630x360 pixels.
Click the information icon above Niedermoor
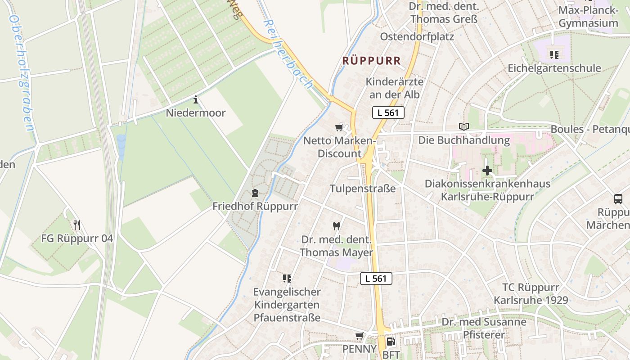point(196,99)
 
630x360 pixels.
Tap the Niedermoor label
point(196,112)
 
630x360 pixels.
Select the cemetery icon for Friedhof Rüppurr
point(255,193)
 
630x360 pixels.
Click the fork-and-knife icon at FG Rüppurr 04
point(77,225)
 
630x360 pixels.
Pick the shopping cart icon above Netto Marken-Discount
point(339,128)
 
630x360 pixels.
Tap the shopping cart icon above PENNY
point(359,336)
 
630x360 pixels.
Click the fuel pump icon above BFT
point(391,342)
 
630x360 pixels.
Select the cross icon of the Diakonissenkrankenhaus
point(487,171)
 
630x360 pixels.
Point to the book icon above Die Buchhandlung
point(463,127)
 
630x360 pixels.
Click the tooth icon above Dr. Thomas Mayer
point(336,226)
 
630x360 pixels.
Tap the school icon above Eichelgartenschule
point(554,55)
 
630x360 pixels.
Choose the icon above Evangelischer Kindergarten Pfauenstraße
point(287,279)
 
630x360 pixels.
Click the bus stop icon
point(618,198)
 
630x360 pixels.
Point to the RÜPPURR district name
point(371,60)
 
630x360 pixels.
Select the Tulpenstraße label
point(363,189)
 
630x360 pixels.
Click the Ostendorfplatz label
point(417,36)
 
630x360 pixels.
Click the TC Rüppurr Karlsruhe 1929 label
point(531,294)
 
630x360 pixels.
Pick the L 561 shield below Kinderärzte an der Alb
point(388,112)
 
